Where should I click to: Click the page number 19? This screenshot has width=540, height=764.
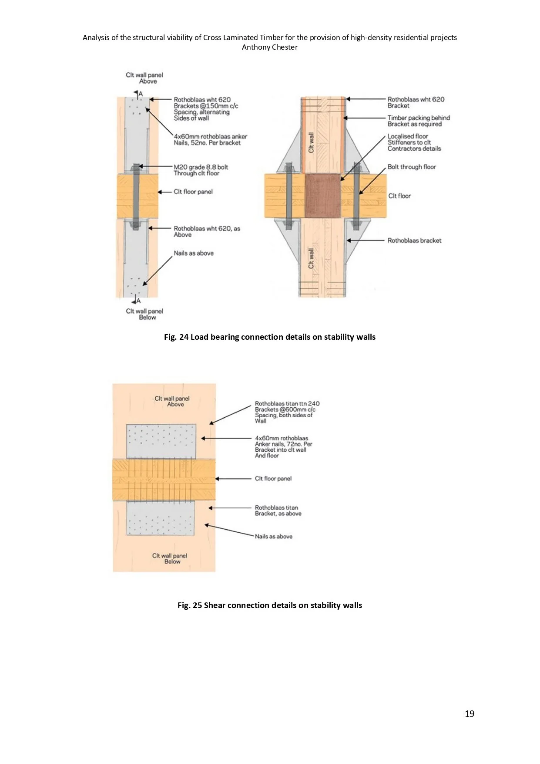coord(470,713)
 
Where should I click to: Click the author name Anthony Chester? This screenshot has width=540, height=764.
coord(270,47)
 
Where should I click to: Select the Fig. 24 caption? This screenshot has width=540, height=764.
coord(270,337)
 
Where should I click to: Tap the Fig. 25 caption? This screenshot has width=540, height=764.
coord(270,605)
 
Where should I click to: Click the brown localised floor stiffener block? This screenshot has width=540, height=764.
coord(322,196)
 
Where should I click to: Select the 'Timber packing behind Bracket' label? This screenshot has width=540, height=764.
coord(419,121)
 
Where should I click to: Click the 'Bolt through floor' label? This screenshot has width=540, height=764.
coord(412,167)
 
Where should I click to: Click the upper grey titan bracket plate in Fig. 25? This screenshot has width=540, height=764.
coord(161,441)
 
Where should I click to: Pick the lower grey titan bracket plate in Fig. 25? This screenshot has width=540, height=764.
coord(161,518)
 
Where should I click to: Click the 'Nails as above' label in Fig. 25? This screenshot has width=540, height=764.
coord(274,537)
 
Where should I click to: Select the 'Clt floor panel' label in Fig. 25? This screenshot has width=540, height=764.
coord(273,479)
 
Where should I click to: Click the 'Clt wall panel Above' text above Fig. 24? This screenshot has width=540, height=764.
coord(144,78)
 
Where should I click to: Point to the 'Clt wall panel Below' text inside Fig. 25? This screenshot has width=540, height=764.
coord(170,558)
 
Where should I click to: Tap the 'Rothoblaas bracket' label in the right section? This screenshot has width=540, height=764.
coord(414,240)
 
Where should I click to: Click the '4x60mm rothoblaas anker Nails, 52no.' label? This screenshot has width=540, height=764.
coord(210,139)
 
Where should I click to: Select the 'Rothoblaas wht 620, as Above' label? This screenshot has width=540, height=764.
coord(207,231)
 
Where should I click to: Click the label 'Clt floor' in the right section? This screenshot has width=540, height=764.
coord(399,196)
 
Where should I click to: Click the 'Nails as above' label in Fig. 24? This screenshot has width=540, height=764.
coord(194,253)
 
